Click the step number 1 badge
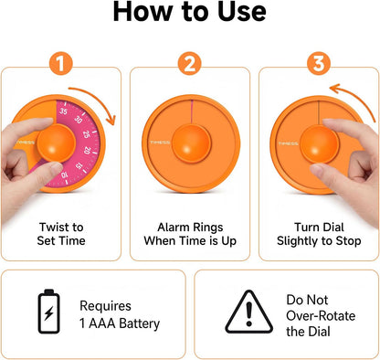[61, 64]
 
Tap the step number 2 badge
[190, 64]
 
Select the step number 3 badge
[319, 64]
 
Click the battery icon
[48, 311]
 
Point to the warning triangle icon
[249, 312]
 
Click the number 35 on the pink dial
[63, 111]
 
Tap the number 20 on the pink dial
[87, 150]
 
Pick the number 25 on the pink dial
[86, 134]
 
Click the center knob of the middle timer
[191, 143]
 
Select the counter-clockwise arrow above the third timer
[356, 97]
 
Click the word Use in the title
[242, 12]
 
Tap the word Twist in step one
[52, 228]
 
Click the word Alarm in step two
[173, 228]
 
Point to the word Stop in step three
[348, 241]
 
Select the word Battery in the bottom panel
[139, 323]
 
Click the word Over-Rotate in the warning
[321, 316]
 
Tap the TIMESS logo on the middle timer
[160, 143]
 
